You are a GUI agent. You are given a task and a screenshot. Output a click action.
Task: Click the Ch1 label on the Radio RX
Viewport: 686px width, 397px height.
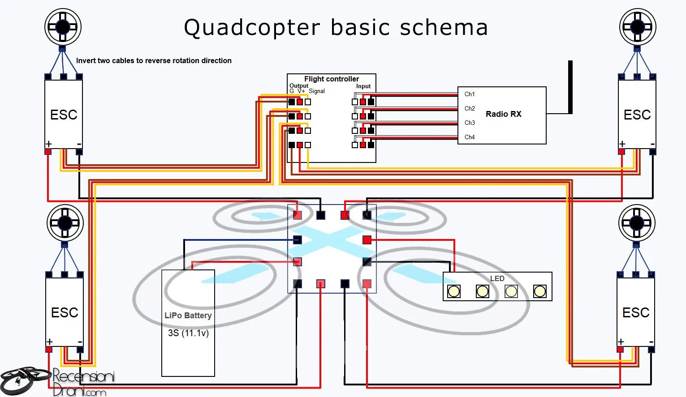pyautogui.click(x=470, y=94)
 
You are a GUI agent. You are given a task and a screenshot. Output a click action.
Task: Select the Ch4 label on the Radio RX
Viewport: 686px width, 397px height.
pyautogui.click(x=470, y=137)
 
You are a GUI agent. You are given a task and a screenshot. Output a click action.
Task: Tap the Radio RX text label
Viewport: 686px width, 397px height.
pyautogui.click(x=503, y=114)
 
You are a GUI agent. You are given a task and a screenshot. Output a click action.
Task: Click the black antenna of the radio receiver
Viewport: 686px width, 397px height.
pyautogui.click(x=570, y=87)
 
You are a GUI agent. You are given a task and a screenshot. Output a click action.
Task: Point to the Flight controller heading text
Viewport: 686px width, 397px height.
pyautogui.click(x=332, y=79)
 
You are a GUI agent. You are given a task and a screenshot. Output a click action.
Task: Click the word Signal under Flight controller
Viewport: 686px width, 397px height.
pyautogui.click(x=317, y=91)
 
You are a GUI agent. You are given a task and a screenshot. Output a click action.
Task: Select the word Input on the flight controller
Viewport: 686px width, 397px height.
pyautogui.click(x=363, y=86)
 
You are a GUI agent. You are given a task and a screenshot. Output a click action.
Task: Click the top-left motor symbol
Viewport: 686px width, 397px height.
pyautogui.click(x=63, y=27)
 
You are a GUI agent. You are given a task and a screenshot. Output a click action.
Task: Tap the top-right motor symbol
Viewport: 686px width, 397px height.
pyautogui.click(x=638, y=27)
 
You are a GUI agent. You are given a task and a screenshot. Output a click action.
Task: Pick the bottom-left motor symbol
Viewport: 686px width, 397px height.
pyautogui.click(x=65, y=222)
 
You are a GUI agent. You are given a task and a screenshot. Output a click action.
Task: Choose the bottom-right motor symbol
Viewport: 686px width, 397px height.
pyautogui.click(x=637, y=222)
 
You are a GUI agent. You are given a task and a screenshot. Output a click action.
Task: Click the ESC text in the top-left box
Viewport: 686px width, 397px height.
pyautogui.click(x=64, y=115)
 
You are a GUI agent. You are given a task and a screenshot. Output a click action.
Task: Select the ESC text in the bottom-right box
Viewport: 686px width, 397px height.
pyautogui.click(x=636, y=312)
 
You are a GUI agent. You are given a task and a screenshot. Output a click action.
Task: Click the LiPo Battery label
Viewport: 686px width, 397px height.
pyautogui.click(x=188, y=316)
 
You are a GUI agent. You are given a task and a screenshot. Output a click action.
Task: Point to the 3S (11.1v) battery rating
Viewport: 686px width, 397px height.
pyautogui.click(x=188, y=333)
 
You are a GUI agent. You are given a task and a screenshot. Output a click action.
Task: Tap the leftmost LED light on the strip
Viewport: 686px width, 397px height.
pyautogui.click(x=454, y=292)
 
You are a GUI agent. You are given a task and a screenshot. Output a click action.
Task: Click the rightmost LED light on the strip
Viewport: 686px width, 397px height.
pyautogui.click(x=540, y=292)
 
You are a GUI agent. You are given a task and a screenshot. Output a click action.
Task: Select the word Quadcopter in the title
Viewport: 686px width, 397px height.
pyautogui.click(x=252, y=28)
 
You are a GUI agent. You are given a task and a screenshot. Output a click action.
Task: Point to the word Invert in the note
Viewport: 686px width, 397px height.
pyautogui.click(x=86, y=61)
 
